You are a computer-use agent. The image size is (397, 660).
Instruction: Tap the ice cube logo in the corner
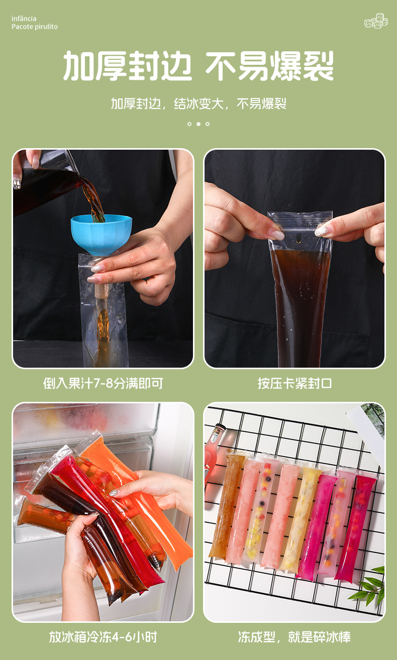[375, 21]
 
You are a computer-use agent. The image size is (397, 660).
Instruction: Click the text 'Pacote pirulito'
[35, 27]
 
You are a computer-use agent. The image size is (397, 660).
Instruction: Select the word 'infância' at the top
[24, 19]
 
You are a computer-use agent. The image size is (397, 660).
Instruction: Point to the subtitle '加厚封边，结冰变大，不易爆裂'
[198, 104]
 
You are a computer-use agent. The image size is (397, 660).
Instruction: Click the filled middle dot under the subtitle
[198, 124]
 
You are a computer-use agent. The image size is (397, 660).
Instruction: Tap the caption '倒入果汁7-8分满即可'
[103, 384]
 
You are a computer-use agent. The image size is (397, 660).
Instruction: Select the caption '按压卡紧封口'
[294, 384]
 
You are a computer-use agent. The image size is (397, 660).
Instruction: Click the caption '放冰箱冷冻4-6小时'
[103, 637]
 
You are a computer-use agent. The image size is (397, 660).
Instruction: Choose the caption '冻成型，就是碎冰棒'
[294, 637]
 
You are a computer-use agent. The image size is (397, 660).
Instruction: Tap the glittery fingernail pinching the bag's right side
[322, 231]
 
